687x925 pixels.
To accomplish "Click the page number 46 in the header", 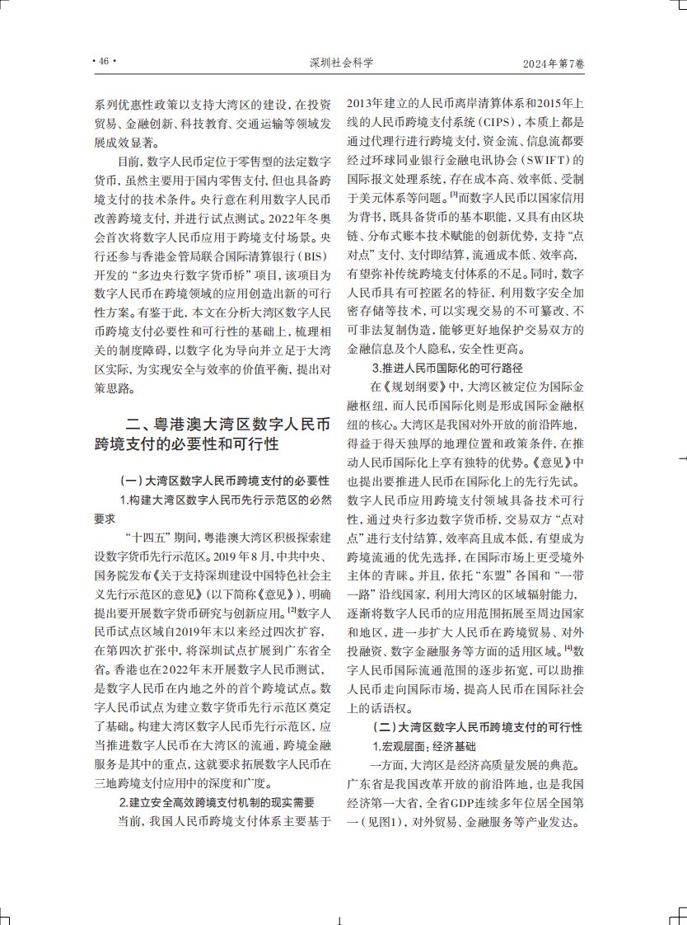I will coord(103,62).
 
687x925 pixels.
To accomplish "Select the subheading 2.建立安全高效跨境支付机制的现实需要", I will coord(217,801).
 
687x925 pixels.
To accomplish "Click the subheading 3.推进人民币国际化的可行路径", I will coord(447,367).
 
